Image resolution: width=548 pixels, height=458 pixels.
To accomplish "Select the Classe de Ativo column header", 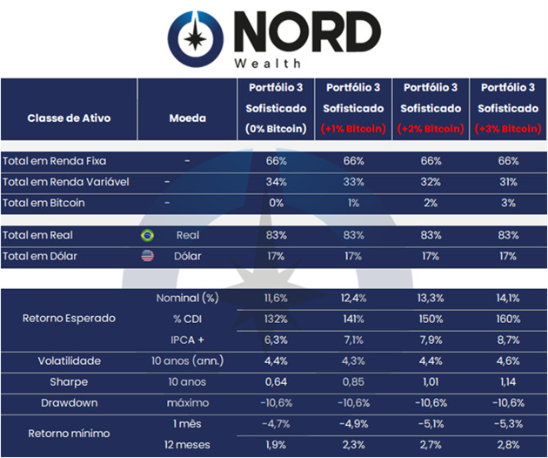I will click(69, 118).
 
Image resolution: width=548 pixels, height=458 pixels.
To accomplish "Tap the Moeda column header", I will click(181, 118).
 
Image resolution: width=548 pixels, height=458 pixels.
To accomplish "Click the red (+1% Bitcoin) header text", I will click(353, 129).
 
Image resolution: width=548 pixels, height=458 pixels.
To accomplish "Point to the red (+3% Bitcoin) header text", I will click(507, 129).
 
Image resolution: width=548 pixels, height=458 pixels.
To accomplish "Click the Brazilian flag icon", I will click(146, 235).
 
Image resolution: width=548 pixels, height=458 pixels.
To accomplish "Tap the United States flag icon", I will click(146, 256).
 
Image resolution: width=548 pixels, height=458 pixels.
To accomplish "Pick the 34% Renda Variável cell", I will click(276, 182).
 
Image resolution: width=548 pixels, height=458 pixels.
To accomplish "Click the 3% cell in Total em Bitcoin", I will click(508, 203).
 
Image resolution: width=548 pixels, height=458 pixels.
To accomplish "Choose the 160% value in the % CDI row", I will click(508, 319).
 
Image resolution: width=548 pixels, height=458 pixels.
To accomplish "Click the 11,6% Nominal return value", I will click(276, 299).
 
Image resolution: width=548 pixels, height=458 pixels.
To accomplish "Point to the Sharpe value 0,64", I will click(276, 381).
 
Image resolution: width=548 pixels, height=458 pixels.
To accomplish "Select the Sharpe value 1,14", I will click(508, 381).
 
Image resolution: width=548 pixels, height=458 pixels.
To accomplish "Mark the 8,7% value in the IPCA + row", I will click(508, 339).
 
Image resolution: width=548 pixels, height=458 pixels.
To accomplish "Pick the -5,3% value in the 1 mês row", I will click(508, 423).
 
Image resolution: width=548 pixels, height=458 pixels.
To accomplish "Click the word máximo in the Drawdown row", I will click(185, 402).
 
